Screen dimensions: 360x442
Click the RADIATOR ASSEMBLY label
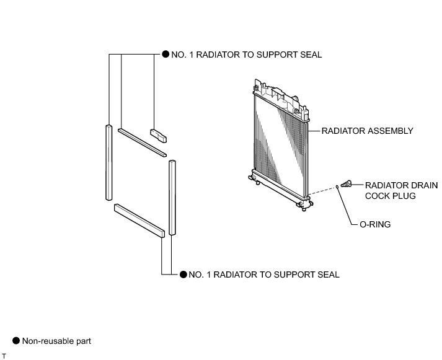[367, 131]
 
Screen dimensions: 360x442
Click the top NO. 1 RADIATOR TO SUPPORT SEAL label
[246, 55]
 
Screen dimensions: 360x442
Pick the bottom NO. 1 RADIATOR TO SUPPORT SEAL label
[263, 274]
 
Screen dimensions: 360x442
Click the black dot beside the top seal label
[166, 55]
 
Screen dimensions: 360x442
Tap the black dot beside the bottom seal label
[183, 274]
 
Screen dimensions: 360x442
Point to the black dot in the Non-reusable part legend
[16, 340]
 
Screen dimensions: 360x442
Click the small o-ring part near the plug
[338, 186]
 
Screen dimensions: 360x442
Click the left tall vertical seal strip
[108, 162]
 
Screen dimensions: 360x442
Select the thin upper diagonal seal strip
[143, 142]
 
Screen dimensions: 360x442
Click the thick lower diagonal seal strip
[139, 221]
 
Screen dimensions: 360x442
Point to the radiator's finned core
[279, 139]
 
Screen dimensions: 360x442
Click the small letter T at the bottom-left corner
[4, 355]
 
